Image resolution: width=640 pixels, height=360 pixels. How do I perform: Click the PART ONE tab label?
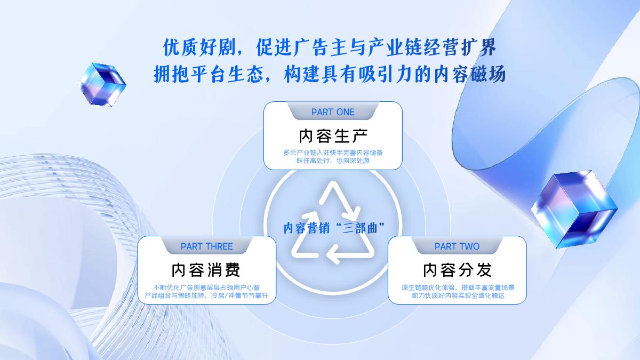click(333, 112)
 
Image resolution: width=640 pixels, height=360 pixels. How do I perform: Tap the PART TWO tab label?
click(457, 246)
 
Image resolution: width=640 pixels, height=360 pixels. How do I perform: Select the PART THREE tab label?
click(207, 246)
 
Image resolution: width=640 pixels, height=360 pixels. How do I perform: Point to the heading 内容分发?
click(457, 270)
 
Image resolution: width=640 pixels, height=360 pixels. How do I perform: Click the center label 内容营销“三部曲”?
click(333, 229)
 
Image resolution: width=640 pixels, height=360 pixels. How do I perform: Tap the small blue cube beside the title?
click(101, 83)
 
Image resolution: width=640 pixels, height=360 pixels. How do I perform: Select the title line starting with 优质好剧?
click(330, 48)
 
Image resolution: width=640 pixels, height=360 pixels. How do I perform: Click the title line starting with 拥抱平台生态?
click(330, 74)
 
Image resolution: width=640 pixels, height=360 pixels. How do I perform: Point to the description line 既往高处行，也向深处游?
click(333, 161)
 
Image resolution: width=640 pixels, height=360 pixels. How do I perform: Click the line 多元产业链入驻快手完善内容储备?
click(333, 152)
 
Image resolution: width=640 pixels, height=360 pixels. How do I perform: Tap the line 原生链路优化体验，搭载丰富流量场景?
click(457, 287)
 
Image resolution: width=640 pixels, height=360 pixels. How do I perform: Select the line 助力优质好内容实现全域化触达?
click(457, 295)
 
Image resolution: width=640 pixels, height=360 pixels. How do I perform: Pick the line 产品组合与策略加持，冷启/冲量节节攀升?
click(207, 295)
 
